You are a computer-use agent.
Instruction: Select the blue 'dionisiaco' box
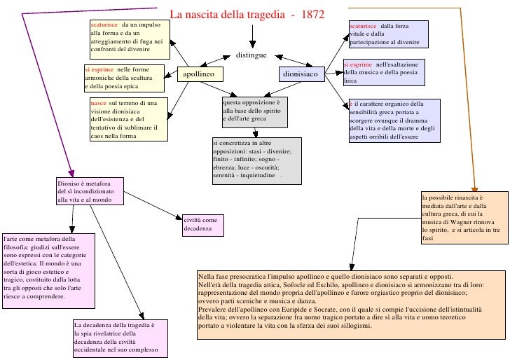301,74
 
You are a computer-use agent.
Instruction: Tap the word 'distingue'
251,55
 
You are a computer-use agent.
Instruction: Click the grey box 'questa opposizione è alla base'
254,112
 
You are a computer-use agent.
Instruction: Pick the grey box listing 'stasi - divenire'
256,160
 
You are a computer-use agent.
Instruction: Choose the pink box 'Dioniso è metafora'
90,191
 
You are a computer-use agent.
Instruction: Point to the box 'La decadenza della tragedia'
120,338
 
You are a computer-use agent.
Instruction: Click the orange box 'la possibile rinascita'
464,218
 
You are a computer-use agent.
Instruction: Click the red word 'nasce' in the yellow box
98,103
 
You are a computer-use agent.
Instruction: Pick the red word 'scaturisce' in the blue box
362,26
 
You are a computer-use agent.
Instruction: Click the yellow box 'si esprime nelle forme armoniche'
124,78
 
